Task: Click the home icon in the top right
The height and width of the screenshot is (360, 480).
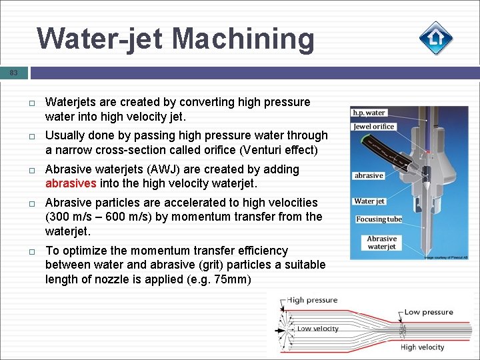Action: (x=436, y=38)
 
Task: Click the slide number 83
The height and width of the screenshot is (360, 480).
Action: (x=14, y=73)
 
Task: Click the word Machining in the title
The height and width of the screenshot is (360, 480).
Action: (x=243, y=39)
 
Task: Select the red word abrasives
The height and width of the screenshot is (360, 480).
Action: (x=71, y=183)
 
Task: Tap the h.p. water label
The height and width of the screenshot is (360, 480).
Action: (x=369, y=113)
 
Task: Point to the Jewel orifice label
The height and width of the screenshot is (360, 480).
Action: (x=374, y=127)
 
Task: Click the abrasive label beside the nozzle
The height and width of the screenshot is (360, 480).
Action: (x=369, y=175)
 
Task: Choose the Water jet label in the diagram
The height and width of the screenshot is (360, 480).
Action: (x=369, y=201)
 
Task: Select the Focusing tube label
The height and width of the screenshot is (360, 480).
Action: (x=379, y=219)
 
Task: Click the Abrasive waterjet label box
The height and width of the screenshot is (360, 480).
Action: (x=381, y=242)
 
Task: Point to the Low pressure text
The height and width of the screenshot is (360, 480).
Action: (x=429, y=312)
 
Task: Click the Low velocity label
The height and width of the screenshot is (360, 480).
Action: (x=317, y=329)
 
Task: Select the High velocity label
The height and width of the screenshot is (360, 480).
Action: (x=422, y=347)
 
